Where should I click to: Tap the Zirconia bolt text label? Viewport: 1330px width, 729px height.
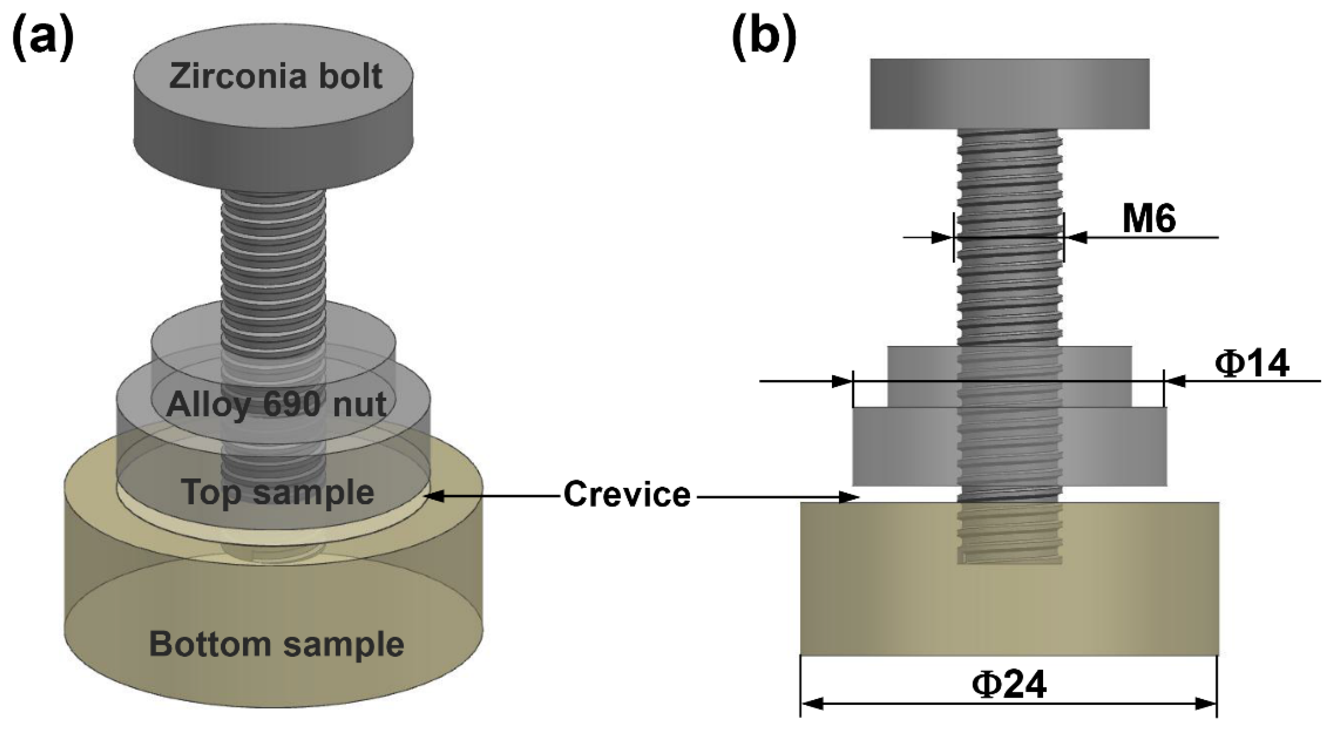click(x=276, y=77)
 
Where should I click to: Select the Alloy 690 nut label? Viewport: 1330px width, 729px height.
click(x=276, y=404)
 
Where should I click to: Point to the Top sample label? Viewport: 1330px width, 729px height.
click(x=278, y=492)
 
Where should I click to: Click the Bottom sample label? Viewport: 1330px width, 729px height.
click(x=276, y=644)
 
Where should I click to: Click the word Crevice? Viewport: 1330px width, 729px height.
click(x=627, y=494)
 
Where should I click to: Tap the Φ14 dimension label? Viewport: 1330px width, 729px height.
click(x=1252, y=364)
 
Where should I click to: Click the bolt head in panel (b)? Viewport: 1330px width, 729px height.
click(x=1010, y=93)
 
